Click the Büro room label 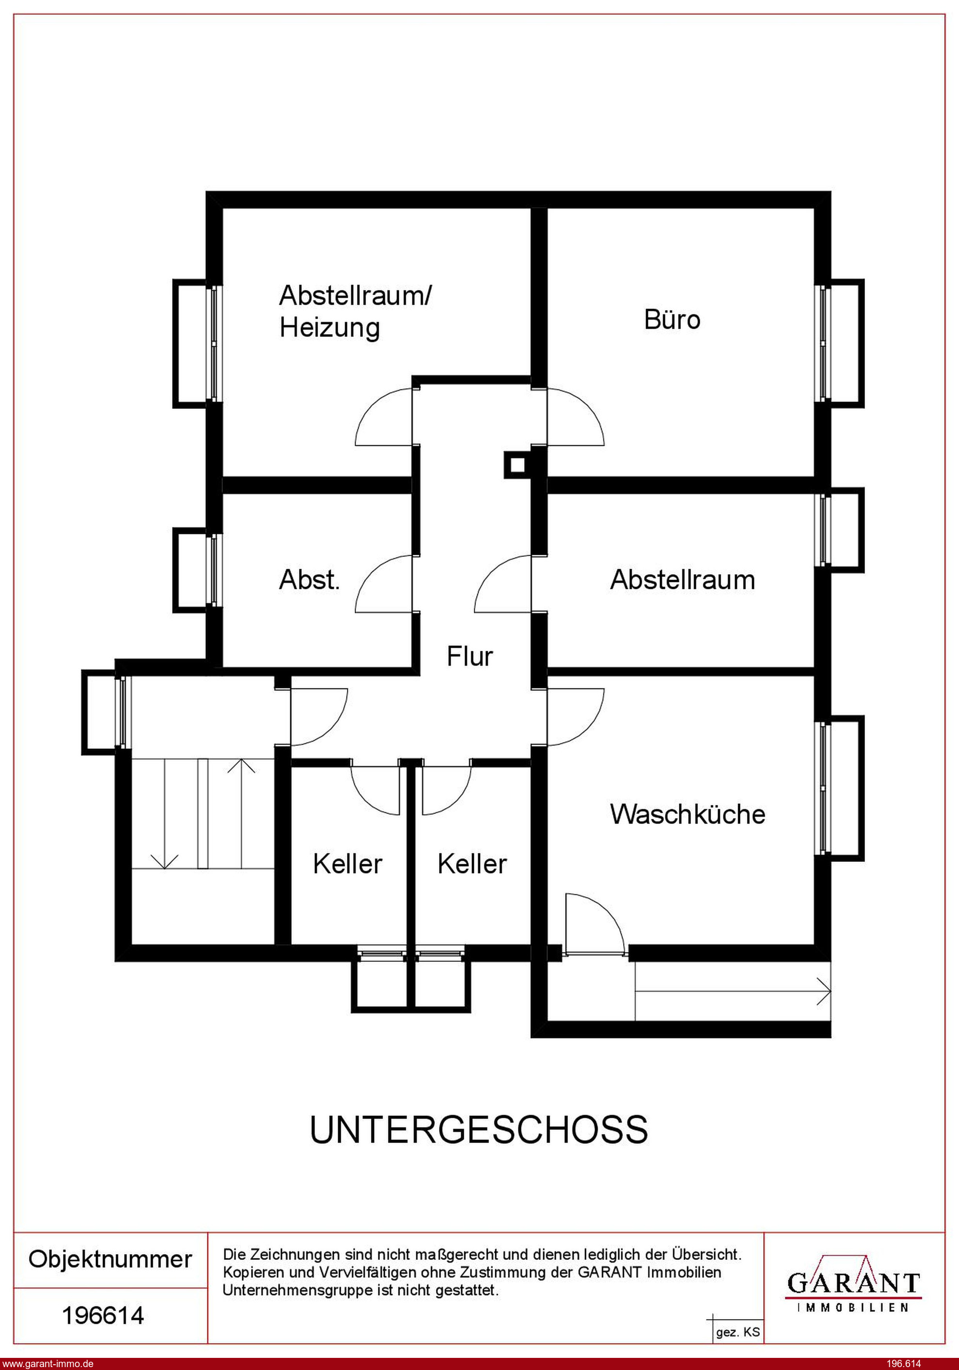pyautogui.click(x=672, y=319)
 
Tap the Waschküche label pyautogui.click(x=688, y=814)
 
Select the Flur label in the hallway pyautogui.click(x=470, y=656)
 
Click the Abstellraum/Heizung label pyautogui.click(x=356, y=311)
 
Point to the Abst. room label pyautogui.click(x=310, y=580)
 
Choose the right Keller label pyautogui.click(x=472, y=864)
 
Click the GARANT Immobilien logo pyautogui.click(x=854, y=1285)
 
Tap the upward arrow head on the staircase pyautogui.click(x=241, y=766)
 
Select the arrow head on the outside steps pyautogui.click(x=824, y=991)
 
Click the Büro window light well pyautogui.click(x=847, y=343)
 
